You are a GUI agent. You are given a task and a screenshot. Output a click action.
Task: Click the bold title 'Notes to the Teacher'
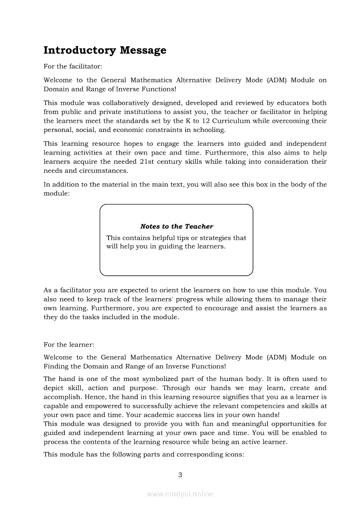tap(177, 226)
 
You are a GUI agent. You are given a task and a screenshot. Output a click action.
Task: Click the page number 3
tap(180, 475)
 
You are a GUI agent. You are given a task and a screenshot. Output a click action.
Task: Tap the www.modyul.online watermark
tap(180, 494)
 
